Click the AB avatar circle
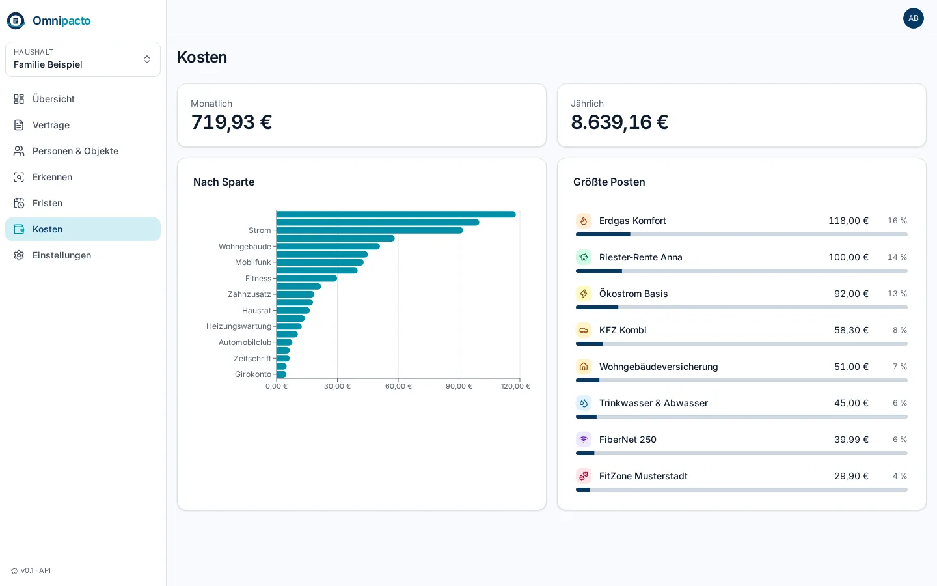click(913, 18)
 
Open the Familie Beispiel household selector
click(83, 59)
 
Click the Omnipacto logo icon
click(16, 21)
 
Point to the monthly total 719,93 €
click(232, 122)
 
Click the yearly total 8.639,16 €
click(619, 122)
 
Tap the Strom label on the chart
click(260, 230)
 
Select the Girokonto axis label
click(252, 374)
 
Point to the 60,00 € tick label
click(398, 386)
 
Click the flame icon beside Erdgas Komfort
click(584, 221)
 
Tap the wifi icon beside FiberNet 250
click(584, 439)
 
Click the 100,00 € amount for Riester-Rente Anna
click(849, 257)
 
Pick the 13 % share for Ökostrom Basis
click(897, 294)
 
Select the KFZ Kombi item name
click(623, 330)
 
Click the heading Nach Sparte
click(224, 182)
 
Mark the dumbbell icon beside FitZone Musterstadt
click(584, 476)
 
